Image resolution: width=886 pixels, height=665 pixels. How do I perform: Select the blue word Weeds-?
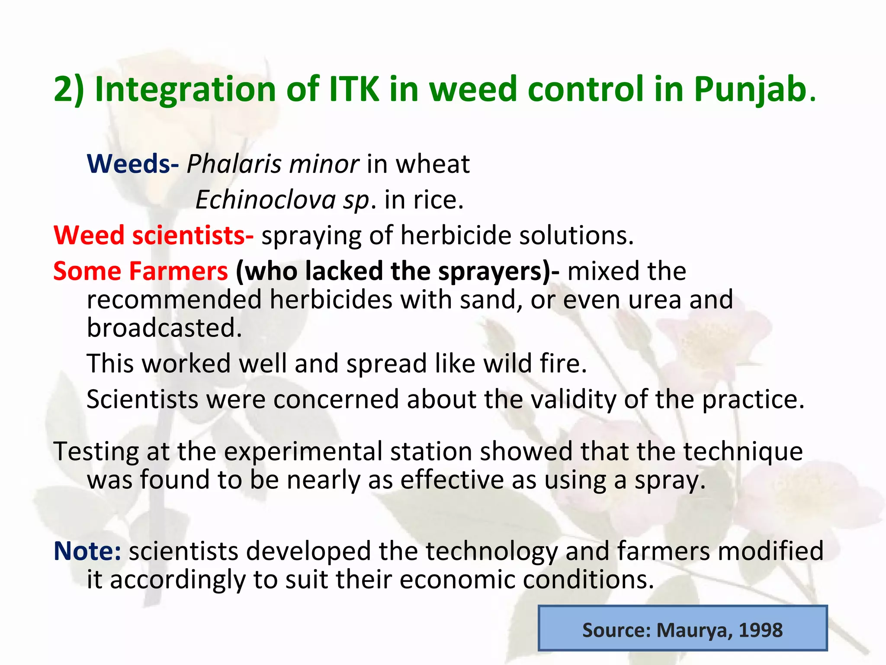click(132, 164)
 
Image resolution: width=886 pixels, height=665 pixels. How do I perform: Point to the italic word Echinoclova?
click(265, 200)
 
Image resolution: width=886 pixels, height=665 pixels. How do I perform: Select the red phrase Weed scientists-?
click(153, 236)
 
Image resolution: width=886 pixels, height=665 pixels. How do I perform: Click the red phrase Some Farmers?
click(140, 271)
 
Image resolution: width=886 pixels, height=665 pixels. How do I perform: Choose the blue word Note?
click(87, 551)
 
